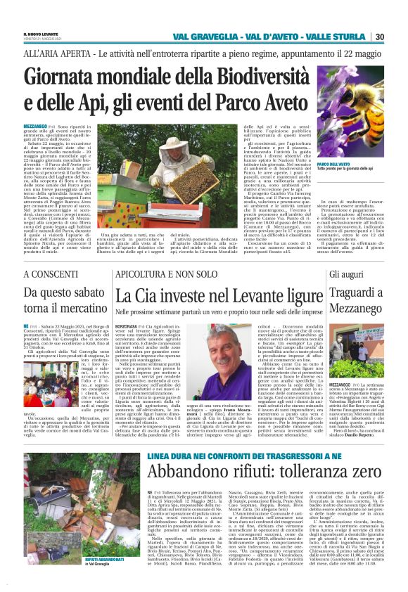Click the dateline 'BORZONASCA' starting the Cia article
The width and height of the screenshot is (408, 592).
coord(129,327)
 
